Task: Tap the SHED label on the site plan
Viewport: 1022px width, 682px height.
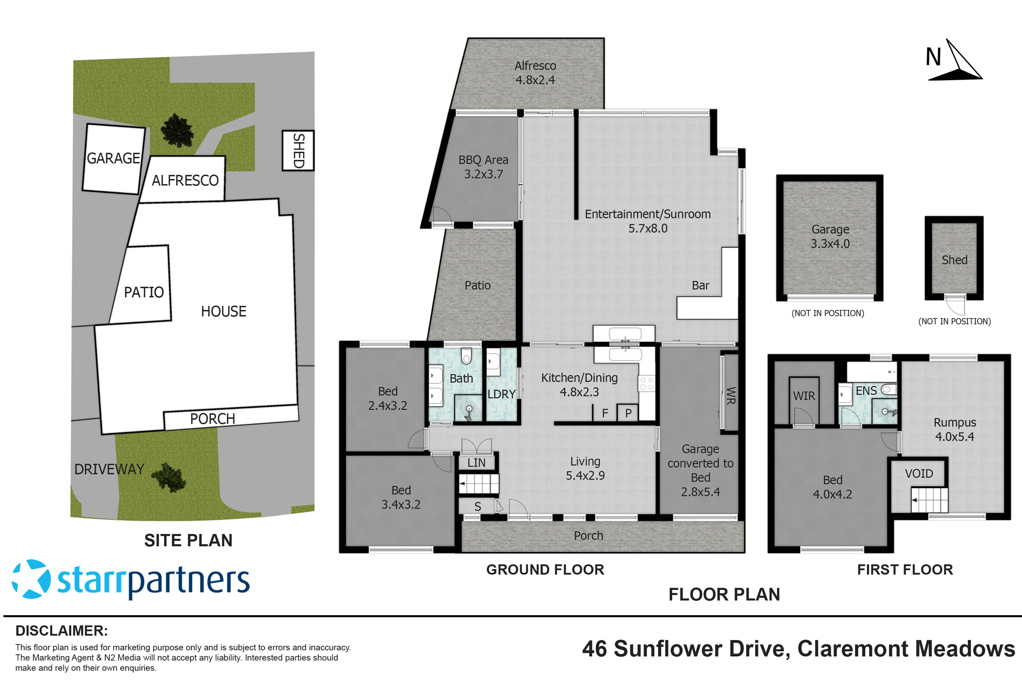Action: pos(298,150)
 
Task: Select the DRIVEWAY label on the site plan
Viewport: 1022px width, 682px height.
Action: pos(109,469)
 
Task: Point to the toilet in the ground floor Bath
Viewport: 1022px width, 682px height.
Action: pos(466,356)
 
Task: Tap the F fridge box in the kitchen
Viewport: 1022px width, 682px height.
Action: pos(605,413)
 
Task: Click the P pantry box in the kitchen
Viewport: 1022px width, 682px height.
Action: pos(628,413)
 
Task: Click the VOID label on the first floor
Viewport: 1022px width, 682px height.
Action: pos(918,473)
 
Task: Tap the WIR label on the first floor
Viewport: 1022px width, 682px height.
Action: pos(804,396)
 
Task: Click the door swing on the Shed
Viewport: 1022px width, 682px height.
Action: pos(956,305)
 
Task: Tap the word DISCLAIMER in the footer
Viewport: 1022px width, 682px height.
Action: pos(61,631)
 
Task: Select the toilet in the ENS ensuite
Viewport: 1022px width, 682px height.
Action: pos(889,389)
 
